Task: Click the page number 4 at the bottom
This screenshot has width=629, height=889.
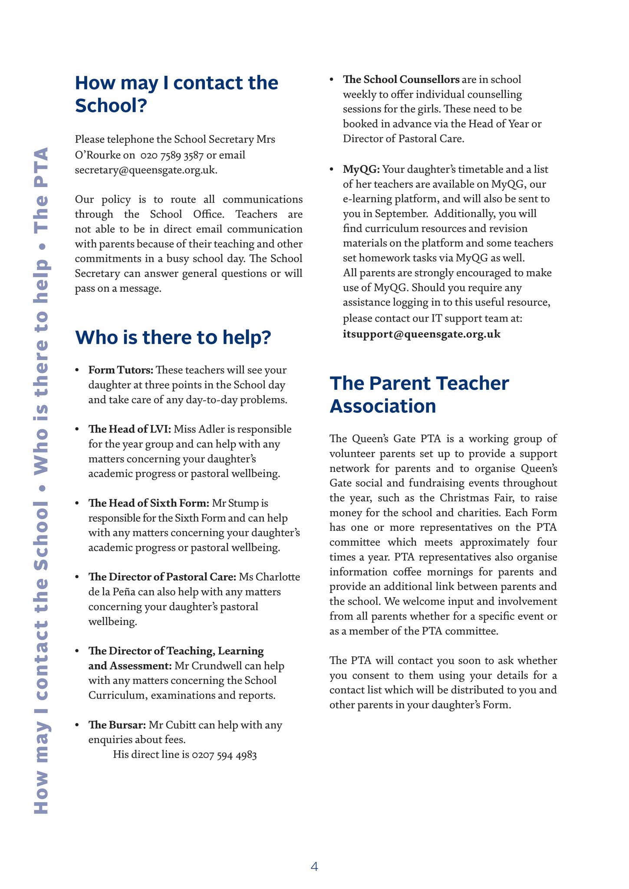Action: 314,866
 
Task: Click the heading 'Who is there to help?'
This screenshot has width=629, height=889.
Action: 173,337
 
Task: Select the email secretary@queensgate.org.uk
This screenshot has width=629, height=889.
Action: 146,170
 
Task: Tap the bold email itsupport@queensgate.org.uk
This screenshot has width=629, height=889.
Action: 422,334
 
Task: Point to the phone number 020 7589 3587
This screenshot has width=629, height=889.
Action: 172,155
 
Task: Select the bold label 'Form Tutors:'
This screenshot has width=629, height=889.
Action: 121,370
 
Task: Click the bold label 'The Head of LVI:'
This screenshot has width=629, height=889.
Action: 130,429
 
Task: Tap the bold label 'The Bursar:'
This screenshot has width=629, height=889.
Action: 117,724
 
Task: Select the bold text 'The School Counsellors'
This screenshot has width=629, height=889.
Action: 401,79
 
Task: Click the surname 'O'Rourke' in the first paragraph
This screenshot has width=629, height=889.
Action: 94,155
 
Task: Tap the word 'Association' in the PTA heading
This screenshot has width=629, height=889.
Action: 382,406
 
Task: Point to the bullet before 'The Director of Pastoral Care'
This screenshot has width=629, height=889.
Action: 77,577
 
